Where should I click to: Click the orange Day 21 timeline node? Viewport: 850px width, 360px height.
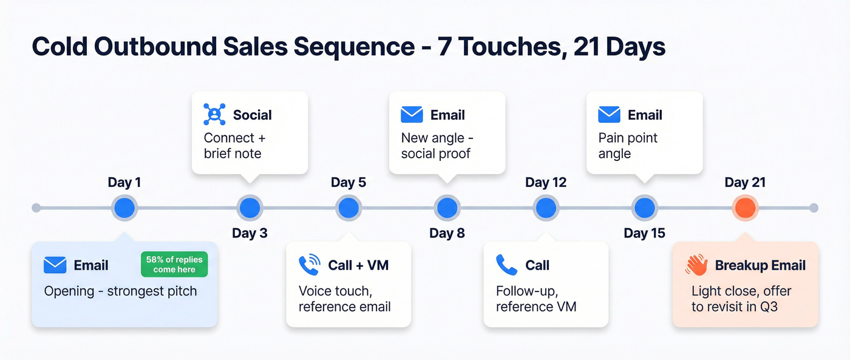(x=745, y=208)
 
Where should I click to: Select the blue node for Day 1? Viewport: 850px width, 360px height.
(x=124, y=208)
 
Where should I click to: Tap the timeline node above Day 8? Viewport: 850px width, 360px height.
(x=447, y=208)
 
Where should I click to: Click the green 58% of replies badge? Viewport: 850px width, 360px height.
(x=174, y=264)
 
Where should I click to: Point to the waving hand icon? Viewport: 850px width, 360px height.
(x=696, y=265)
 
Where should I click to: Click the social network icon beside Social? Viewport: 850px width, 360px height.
(x=214, y=115)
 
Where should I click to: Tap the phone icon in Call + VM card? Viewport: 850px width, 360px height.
(x=310, y=265)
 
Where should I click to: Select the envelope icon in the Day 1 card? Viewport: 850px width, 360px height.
(x=55, y=265)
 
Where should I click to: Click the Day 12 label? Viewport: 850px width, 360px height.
(x=545, y=183)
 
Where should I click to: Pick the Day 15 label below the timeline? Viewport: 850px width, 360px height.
(x=644, y=233)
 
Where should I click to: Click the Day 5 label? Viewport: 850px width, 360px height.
(x=348, y=183)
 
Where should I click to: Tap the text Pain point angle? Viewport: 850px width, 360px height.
(x=628, y=146)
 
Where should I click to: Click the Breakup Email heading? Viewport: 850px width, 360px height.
(x=760, y=265)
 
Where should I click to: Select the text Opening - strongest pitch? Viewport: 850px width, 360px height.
(x=120, y=291)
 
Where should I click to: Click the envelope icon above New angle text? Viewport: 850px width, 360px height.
(x=412, y=115)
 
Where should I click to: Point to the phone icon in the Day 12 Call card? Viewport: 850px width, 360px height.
(x=506, y=265)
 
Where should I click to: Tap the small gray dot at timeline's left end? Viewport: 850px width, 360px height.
(x=36, y=208)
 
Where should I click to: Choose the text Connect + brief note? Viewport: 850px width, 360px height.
(x=234, y=146)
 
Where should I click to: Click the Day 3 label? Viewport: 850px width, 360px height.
(x=250, y=233)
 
